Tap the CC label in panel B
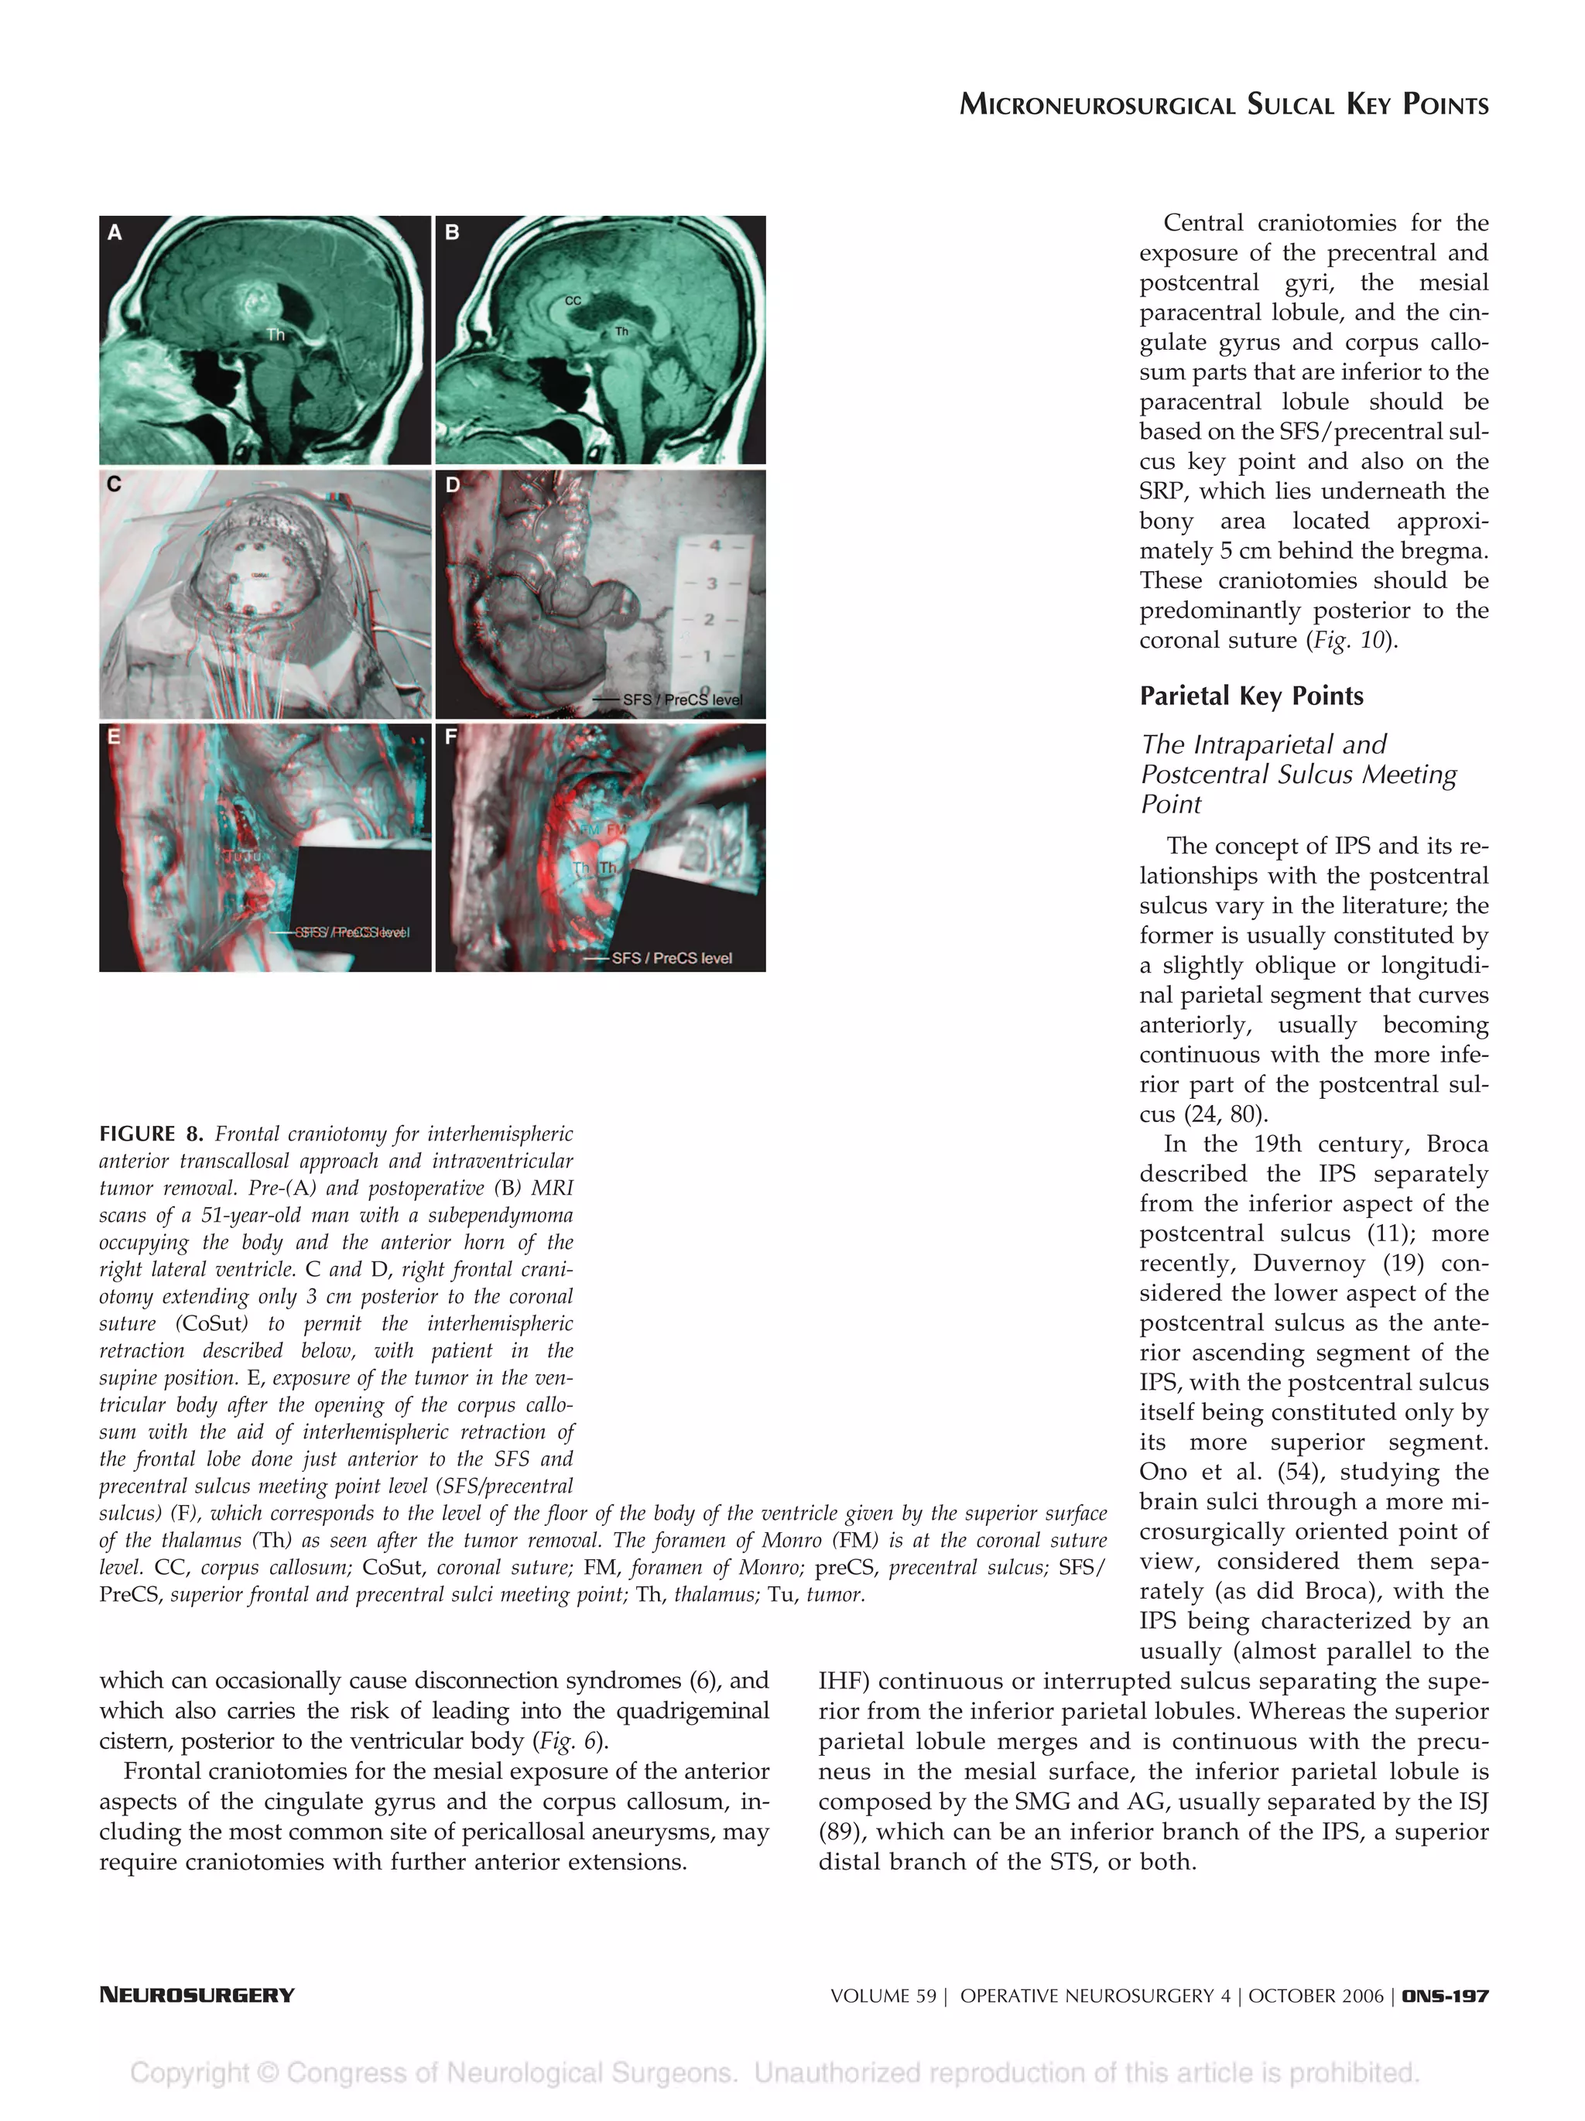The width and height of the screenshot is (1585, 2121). click(x=573, y=300)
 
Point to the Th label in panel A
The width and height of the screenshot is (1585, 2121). click(x=276, y=334)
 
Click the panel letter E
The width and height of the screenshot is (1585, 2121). click(x=114, y=737)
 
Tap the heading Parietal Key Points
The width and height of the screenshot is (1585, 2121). click(x=1251, y=696)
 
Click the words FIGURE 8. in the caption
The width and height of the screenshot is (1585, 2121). click(x=151, y=1134)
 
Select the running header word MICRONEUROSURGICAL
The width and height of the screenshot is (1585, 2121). click(x=1097, y=104)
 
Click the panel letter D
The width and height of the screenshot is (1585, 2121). click(x=453, y=485)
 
